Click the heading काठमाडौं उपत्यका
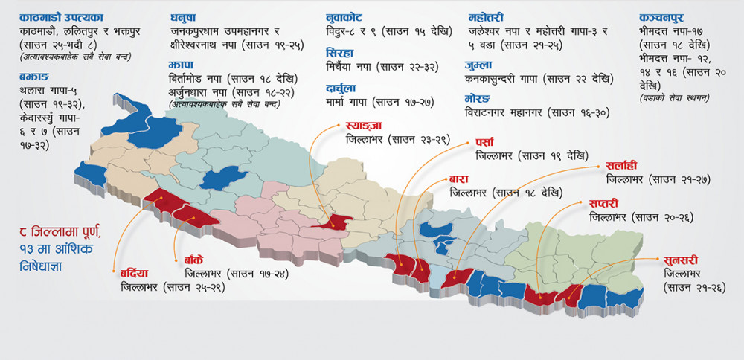(x=62, y=17)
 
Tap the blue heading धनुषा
(x=184, y=17)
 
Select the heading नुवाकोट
(x=346, y=17)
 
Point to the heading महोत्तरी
(x=487, y=17)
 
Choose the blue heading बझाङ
(x=36, y=76)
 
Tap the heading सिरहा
(x=339, y=53)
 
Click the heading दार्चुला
(x=342, y=89)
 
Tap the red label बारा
(x=458, y=179)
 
